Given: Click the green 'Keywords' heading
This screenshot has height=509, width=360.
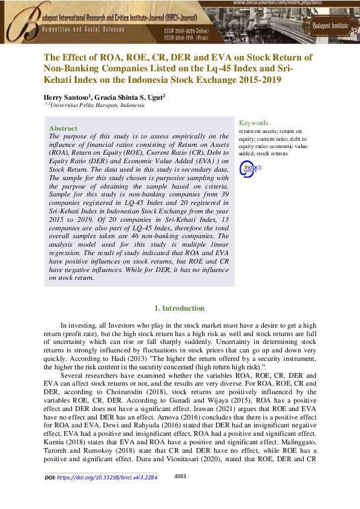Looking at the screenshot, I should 254,123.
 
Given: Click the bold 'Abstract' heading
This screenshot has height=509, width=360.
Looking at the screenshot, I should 63,128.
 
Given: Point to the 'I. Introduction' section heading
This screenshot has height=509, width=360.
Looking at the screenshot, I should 180,308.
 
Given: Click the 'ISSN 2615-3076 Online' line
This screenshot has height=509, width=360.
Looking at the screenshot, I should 188,30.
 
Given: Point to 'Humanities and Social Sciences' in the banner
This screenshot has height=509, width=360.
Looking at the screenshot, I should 84,29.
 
